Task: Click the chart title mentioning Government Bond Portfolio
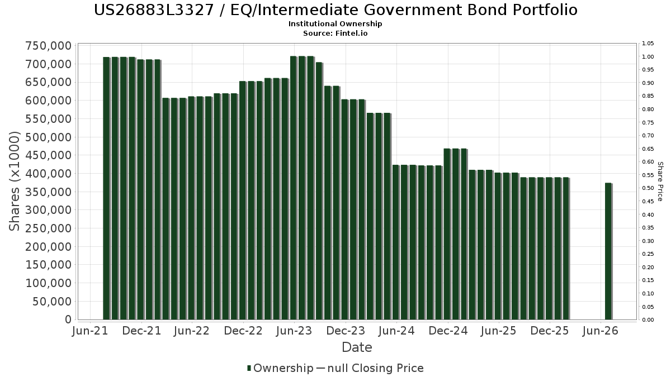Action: tap(335, 10)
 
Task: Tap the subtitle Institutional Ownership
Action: tap(335, 24)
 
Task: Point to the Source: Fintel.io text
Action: tap(335, 33)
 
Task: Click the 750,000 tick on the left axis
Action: tap(49, 46)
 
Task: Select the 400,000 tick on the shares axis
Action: tap(49, 174)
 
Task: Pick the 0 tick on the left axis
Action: tap(69, 319)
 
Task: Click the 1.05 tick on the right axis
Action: tap(648, 44)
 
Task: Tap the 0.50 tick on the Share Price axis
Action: tap(648, 188)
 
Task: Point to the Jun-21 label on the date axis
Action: tap(90, 331)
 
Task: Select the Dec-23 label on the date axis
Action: tap(346, 331)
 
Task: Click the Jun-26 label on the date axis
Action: tap(601, 331)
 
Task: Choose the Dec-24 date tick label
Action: tap(448, 331)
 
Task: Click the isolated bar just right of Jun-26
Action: tap(608, 251)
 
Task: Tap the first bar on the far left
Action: tap(106, 188)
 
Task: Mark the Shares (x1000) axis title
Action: tap(14, 182)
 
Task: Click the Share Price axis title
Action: tap(660, 182)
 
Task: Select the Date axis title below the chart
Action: tap(357, 347)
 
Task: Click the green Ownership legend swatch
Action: tap(249, 368)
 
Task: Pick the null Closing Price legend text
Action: tap(375, 368)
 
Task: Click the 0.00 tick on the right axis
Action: tap(648, 320)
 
